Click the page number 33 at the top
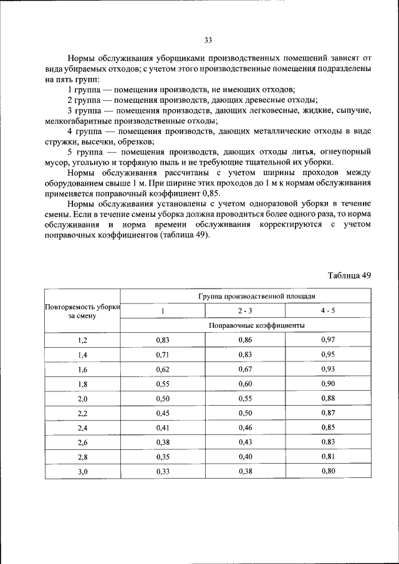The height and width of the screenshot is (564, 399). [x=208, y=41]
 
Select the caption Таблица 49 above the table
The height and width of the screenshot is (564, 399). [x=349, y=275]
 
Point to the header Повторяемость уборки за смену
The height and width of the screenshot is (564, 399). [x=82, y=311]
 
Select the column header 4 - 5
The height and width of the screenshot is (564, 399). [x=328, y=310]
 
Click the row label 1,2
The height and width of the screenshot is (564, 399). [x=83, y=340]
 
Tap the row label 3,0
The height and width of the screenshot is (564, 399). [x=83, y=472]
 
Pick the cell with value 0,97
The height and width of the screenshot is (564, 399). [x=328, y=340]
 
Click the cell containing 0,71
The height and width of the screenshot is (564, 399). [x=162, y=355]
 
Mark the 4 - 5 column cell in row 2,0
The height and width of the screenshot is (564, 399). [x=328, y=399]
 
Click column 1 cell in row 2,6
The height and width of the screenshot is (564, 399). [x=162, y=442]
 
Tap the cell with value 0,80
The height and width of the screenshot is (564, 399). [x=328, y=471]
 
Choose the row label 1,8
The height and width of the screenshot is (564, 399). [x=83, y=384]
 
